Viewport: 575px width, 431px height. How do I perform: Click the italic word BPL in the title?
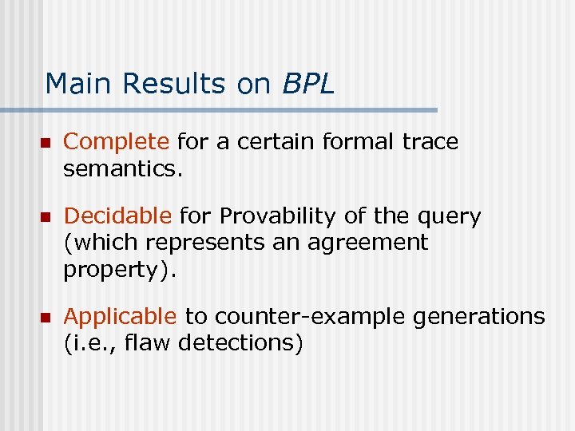tap(307, 84)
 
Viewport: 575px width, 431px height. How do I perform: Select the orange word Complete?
tap(117, 142)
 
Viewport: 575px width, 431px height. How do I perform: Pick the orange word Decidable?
tap(117, 216)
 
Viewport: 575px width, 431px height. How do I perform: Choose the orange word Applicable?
tap(120, 317)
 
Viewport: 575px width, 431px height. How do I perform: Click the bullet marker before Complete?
tap(46, 143)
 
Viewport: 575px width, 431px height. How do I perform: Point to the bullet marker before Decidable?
tap(46, 217)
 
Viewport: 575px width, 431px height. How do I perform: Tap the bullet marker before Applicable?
tap(46, 318)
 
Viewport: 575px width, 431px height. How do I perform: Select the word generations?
tap(478, 318)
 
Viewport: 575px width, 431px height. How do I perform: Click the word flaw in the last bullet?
tap(153, 343)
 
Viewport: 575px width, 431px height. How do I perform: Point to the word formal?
tap(359, 142)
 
